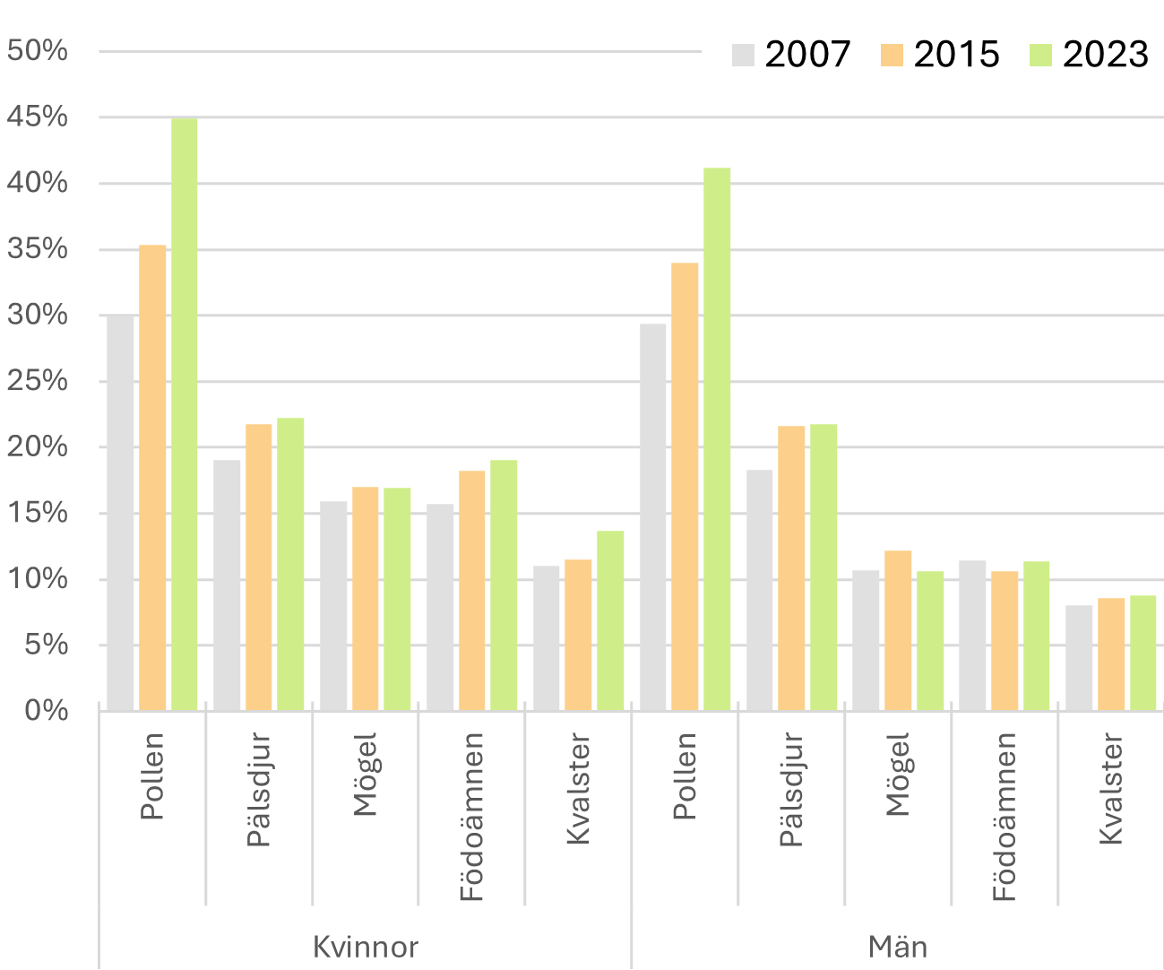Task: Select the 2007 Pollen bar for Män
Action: click(653, 517)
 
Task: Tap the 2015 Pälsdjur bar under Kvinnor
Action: click(259, 567)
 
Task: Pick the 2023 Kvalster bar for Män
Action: click(1142, 654)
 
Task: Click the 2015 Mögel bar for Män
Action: click(898, 631)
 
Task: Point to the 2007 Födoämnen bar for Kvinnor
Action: click(440, 608)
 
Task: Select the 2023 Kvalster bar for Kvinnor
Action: click(610, 621)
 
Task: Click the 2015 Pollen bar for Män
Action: click(685, 487)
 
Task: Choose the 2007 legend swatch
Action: click(744, 55)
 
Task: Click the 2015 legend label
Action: click(956, 55)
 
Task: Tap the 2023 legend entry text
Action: click(1105, 55)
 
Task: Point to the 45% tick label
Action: click(38, 117)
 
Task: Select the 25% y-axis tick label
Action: click(38, 381)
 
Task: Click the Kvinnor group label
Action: click(365, 947)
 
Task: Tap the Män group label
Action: click(898, 947)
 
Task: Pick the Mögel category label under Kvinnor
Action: click(365, 775)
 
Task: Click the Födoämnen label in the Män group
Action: click(1004, 817)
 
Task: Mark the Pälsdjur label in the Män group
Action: click(791, 790)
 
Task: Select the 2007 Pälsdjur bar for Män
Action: click(760, 591)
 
